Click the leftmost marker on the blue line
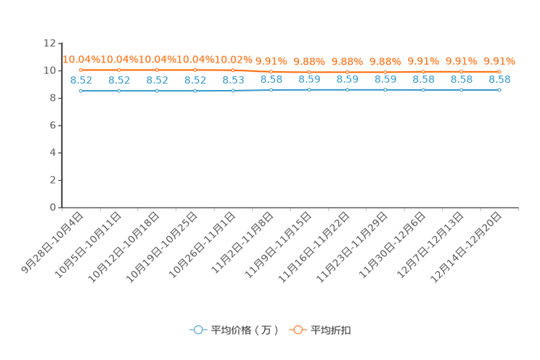click(81, 91)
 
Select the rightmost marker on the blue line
click(499, 89)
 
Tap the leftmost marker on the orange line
click(81, 70)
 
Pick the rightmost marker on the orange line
click(499, 71)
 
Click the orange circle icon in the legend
click(298, 330)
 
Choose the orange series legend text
click(332, 330)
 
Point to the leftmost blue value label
click(81, 80)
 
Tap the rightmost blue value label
click(499, 79)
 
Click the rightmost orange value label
click(499, 61)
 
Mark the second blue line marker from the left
click(118, 91)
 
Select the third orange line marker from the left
click(157, 70)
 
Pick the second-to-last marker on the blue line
click(461, 89)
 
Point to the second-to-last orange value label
click(461, 61)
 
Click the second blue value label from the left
click(118, 80)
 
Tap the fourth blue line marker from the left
click(195, 91)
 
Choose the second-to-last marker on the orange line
click(461, 71)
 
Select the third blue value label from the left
click(157, 80)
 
